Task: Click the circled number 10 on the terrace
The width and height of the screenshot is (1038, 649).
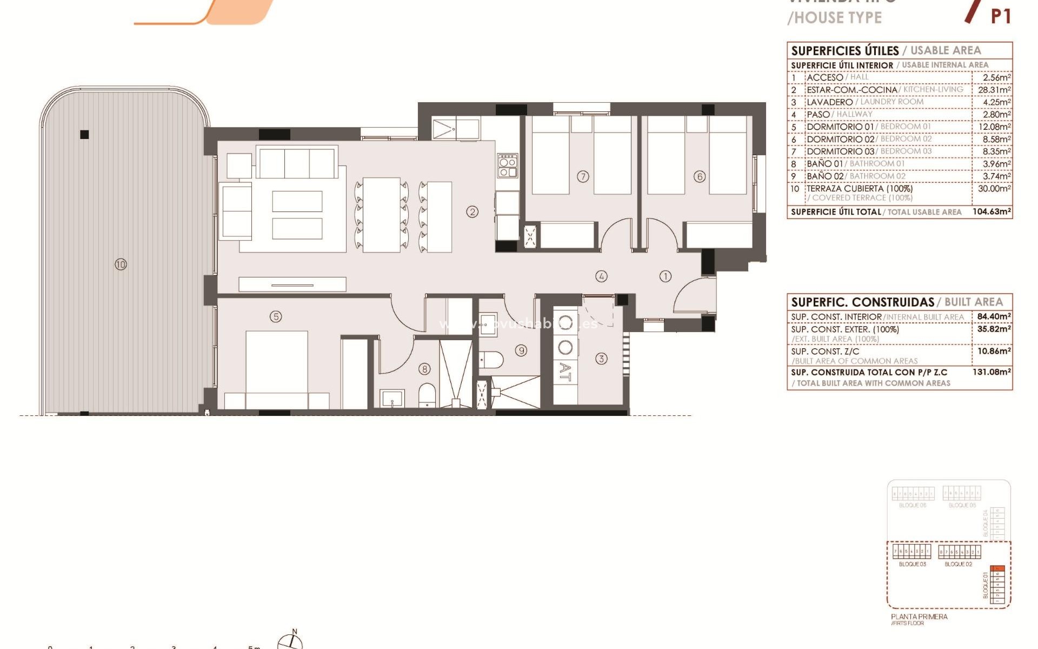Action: pos(121,264)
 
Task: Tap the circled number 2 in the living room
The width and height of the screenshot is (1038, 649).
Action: pos(472,212)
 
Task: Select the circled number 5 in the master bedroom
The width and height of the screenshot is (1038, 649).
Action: pos(276,316)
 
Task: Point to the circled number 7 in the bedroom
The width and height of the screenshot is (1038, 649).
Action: pos(583,176)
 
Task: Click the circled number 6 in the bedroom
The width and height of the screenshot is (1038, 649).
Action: pos(700,176)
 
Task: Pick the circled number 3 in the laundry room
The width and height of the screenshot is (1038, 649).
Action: pos(601,359)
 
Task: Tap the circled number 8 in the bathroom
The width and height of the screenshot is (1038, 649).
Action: pos(425,369)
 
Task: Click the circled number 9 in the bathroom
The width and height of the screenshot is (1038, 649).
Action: pos(521,350)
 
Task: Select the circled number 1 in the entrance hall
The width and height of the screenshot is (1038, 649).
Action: pos(665,276)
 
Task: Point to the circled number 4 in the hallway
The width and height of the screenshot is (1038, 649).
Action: pos(601,276)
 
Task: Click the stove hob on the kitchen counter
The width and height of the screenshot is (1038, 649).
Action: pos(508,165)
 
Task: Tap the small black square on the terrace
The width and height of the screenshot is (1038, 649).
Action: pos(84,135)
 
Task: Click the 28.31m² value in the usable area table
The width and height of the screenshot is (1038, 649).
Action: pos(994,90)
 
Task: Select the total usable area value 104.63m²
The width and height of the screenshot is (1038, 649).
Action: pos(991,211)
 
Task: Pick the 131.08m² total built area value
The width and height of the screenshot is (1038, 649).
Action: pos(991,372)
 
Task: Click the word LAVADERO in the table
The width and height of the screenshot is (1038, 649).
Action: pos(829,102)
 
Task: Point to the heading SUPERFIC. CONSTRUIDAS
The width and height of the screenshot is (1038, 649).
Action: pos(862,302)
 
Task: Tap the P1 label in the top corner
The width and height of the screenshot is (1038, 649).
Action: pos(1001,16)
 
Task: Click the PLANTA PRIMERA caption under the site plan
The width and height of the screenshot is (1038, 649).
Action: pos(919,617)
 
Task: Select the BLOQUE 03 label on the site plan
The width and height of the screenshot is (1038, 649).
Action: pos(912,564)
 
